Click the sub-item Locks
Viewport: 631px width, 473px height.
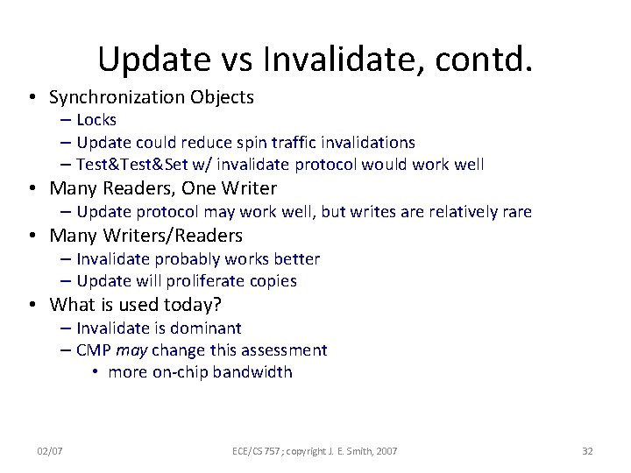tap(96, 120)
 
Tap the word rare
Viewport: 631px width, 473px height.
tap(514, 212)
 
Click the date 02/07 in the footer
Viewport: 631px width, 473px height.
tap(49, 450)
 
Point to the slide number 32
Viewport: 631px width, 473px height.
tap(587, 450)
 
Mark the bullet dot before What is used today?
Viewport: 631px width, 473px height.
tap(31, 306)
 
